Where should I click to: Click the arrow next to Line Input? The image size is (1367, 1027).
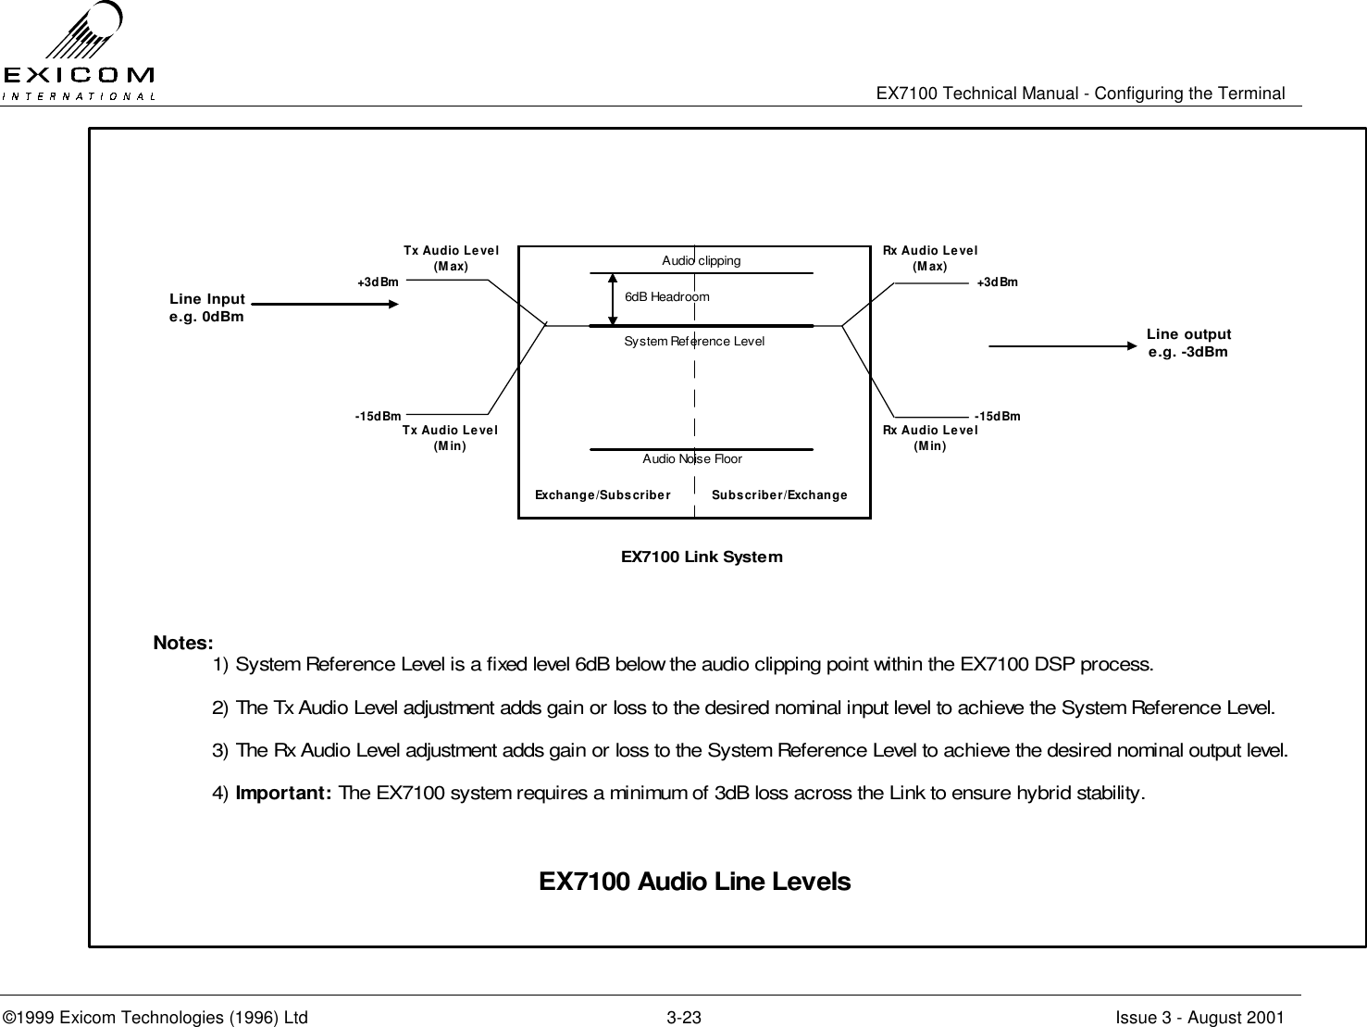tap(320, 304)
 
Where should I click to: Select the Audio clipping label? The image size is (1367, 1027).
tap(701, 260)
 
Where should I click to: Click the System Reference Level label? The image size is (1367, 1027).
tap(694, 342)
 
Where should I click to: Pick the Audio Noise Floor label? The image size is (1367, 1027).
tap(692, 459)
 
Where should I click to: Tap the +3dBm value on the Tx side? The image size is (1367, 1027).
tap(378, 282)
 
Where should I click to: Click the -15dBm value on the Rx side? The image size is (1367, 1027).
tap(997, 417)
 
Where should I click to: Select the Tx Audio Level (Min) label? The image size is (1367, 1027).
tap(450, 437)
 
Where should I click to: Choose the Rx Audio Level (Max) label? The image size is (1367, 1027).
tap(929, 257)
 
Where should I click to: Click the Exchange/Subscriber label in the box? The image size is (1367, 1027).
tap(603, 495)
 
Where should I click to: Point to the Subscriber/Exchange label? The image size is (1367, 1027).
tap(779, 495)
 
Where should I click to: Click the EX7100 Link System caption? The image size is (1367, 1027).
tap(702, 557)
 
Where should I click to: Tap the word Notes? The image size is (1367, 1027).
tap(183, 643)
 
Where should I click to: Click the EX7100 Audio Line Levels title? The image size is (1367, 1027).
tap(694, 882)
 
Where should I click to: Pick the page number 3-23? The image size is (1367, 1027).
tap(684, 1018)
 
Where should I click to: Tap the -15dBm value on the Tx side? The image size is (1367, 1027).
tap(378, 417)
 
